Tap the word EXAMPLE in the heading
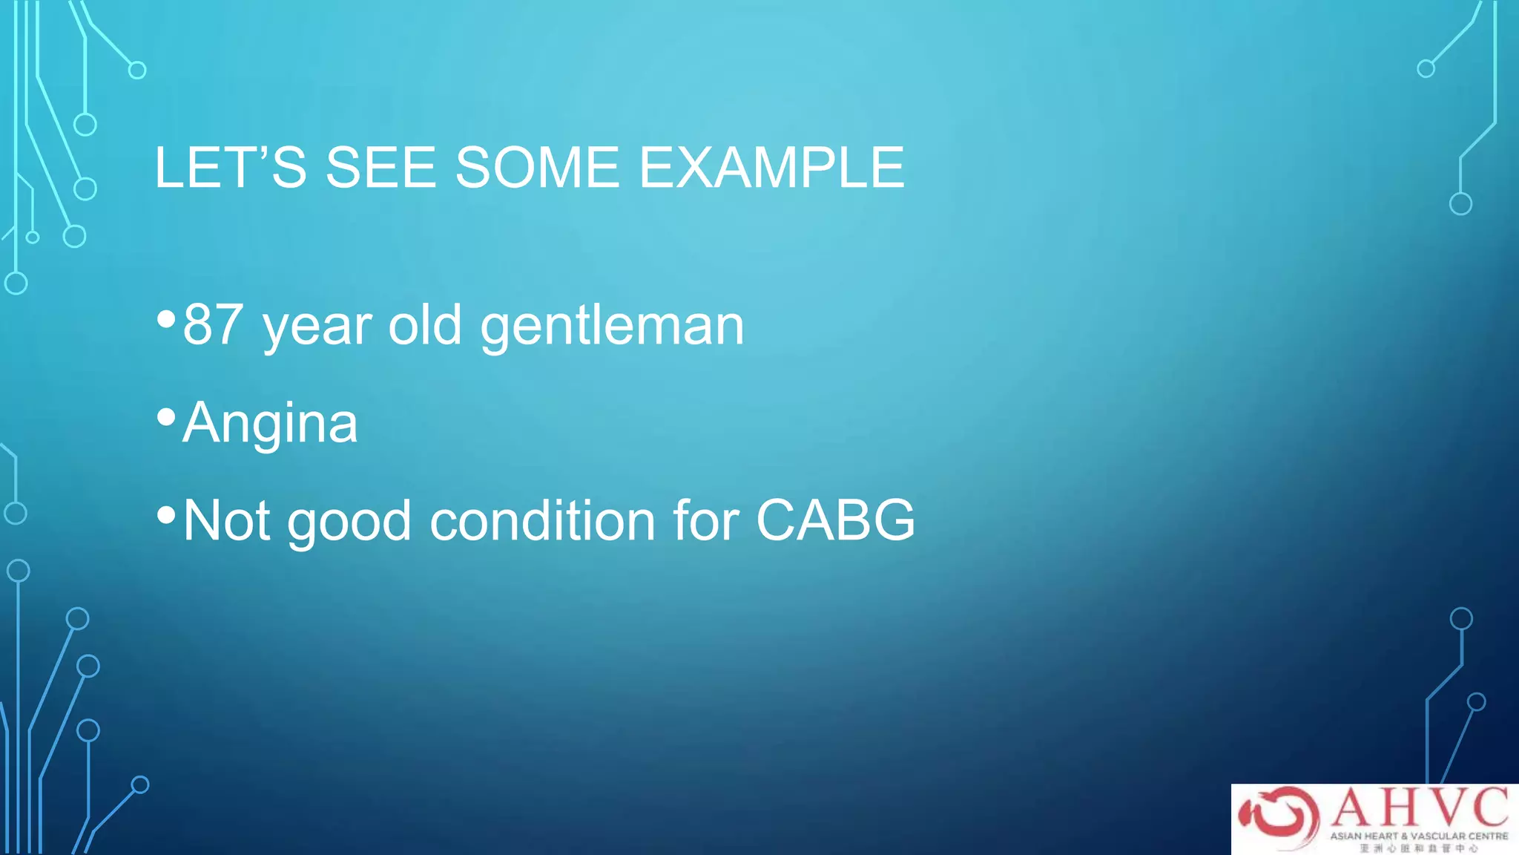771,168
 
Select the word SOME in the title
537,168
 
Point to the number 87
212,325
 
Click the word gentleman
612,327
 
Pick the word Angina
270,423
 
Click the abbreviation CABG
835,520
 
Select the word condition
542,520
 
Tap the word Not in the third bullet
226,520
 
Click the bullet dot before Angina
167,417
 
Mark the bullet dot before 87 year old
167,320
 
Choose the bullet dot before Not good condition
167,514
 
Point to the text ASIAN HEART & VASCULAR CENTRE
1419,836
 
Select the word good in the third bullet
349,522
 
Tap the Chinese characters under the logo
1419,848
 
